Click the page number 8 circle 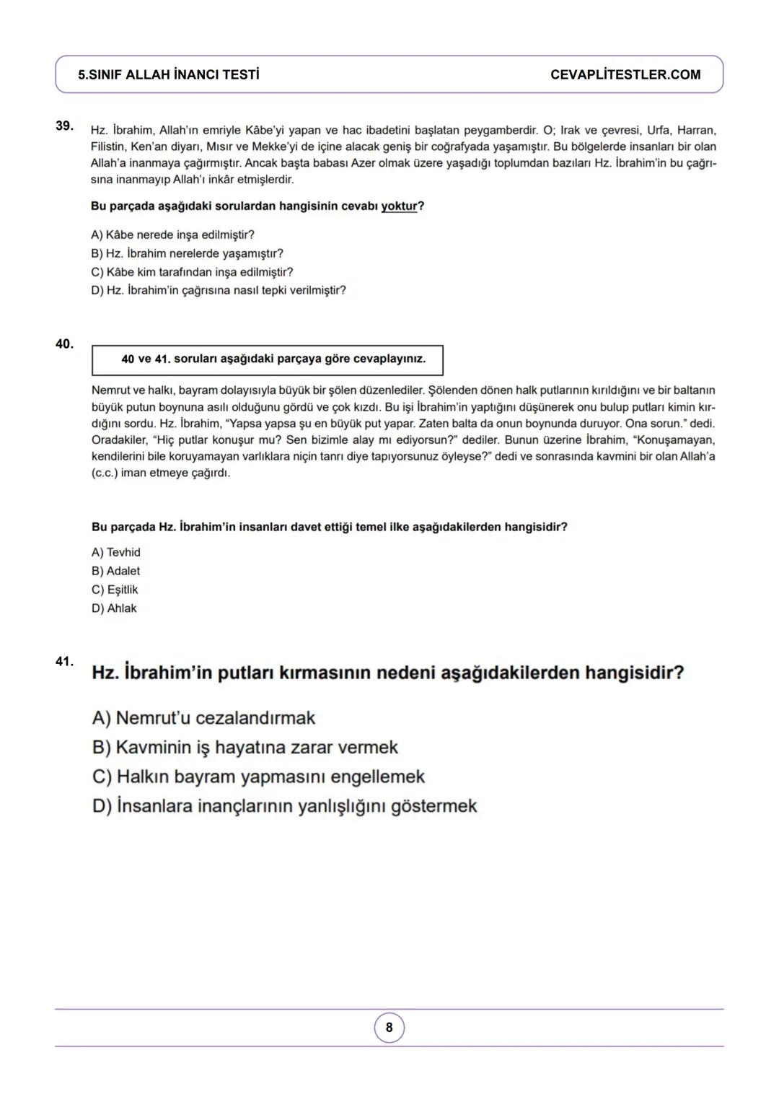389,1027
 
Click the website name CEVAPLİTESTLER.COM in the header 625,75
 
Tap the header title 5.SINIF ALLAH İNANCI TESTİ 169,75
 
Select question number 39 64,126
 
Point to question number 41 64,661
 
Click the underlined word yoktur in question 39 399,206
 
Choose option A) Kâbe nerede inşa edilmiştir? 172,235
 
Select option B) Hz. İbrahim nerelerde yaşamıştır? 187,254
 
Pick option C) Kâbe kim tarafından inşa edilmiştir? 192,272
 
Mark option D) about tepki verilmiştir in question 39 218,291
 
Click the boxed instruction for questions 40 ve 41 268,359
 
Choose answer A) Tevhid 116,553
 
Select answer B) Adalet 115,571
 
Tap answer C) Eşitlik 115,590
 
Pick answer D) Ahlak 114,608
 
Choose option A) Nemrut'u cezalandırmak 204,718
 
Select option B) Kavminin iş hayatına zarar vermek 245,748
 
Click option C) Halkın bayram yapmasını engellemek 258,777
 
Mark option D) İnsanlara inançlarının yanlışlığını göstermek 285,806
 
